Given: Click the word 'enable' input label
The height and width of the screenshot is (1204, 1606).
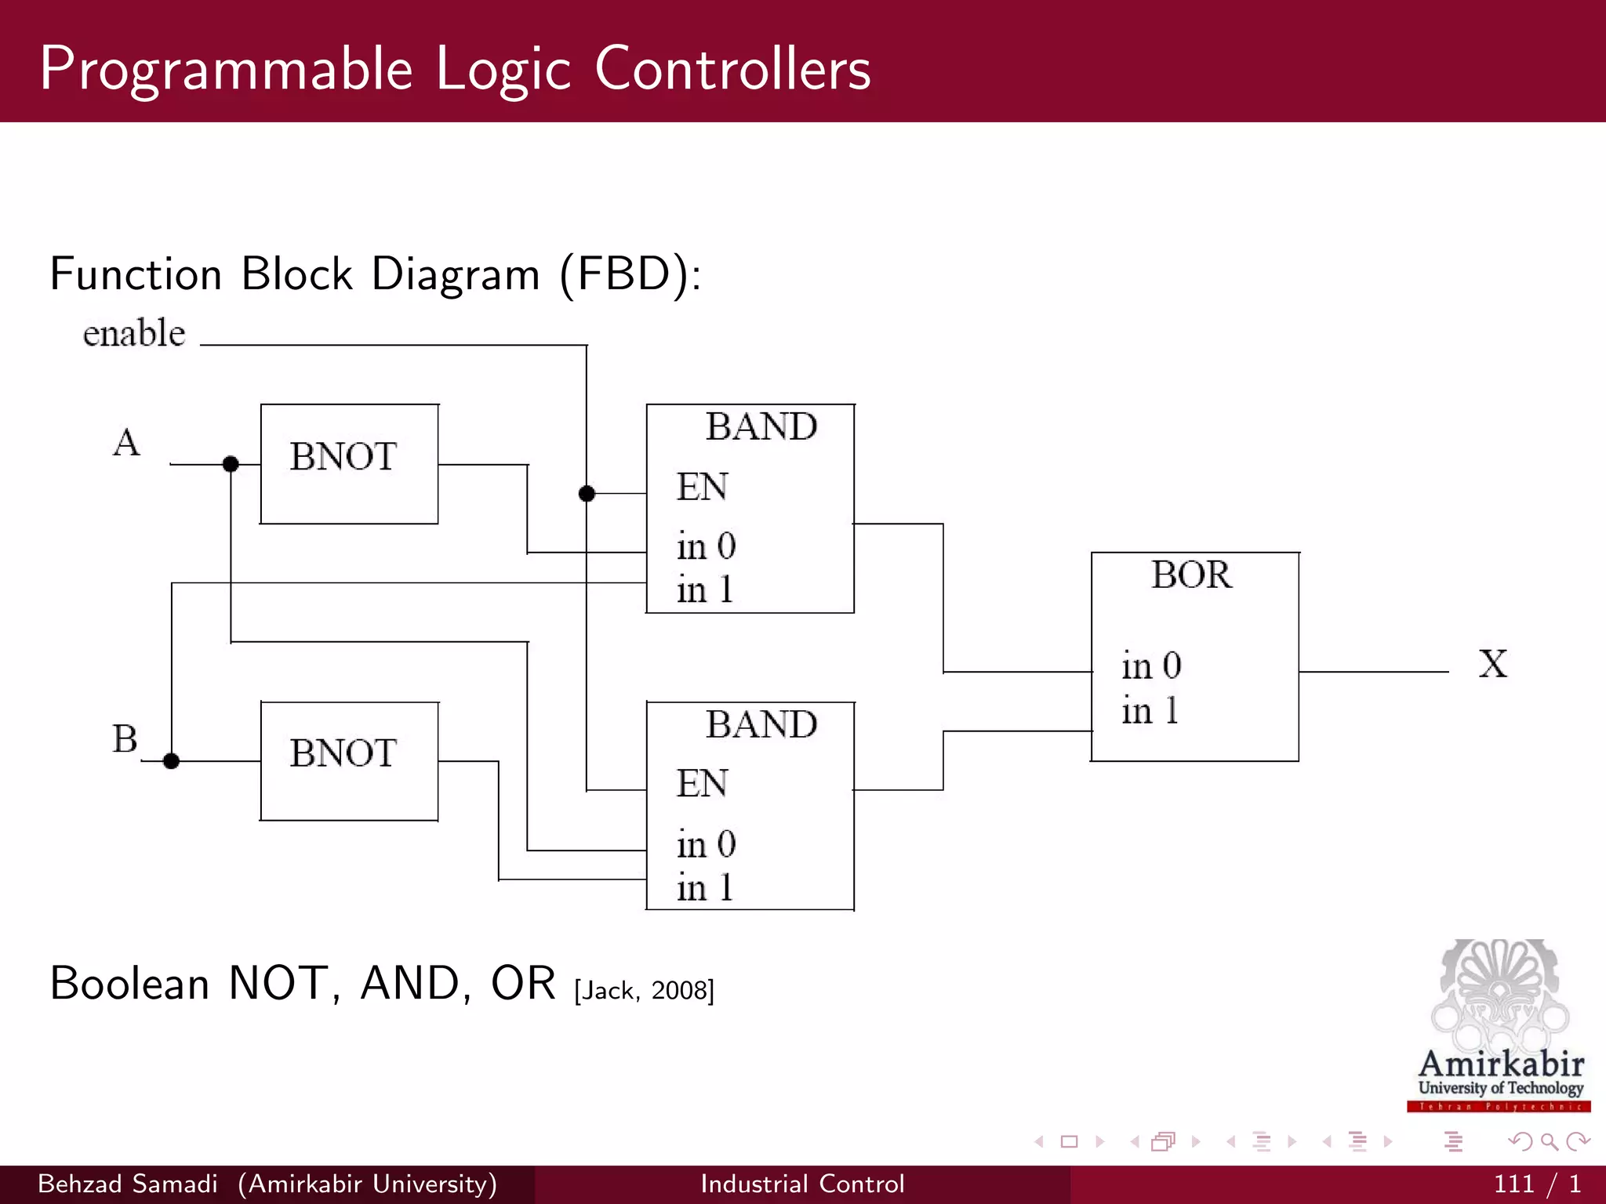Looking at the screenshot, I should coord(134,333).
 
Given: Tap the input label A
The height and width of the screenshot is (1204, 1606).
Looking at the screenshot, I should coord(126,443).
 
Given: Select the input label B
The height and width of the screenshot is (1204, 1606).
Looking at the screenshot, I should coord(125,738).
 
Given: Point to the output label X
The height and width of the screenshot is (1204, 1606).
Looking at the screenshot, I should coord(1492,664).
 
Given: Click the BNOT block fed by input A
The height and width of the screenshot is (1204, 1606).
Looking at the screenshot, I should coord(349,463).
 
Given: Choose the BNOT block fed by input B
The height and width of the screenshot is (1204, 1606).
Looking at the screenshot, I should coord(349,760).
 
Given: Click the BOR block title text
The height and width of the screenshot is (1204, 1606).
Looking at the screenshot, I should coord(1191,575).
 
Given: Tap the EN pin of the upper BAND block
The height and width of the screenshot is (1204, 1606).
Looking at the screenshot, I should coord(702,487).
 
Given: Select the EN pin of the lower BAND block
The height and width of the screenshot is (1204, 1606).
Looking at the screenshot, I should coord(702,783).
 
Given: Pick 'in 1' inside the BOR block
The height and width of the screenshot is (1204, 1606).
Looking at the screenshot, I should coord(1150,711).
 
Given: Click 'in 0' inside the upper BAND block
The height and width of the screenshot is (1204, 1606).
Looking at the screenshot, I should coord(706,546).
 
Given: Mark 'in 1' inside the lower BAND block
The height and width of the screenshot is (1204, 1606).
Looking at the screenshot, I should coord(704,888).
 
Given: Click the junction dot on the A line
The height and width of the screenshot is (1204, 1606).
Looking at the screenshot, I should coord(231,464).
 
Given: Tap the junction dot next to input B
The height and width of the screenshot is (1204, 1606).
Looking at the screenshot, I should coord(172,760).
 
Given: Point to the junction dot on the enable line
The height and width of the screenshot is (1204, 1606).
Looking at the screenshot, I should coord(587,493).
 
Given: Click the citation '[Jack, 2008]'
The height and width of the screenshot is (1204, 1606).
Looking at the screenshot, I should coord(644,991).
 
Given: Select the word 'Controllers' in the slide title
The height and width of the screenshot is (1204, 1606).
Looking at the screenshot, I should coord(732,69).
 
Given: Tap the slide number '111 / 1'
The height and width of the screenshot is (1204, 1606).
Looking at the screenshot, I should coord(1536,1184).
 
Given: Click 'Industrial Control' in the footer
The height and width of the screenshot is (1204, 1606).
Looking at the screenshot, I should coord(802,1184).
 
